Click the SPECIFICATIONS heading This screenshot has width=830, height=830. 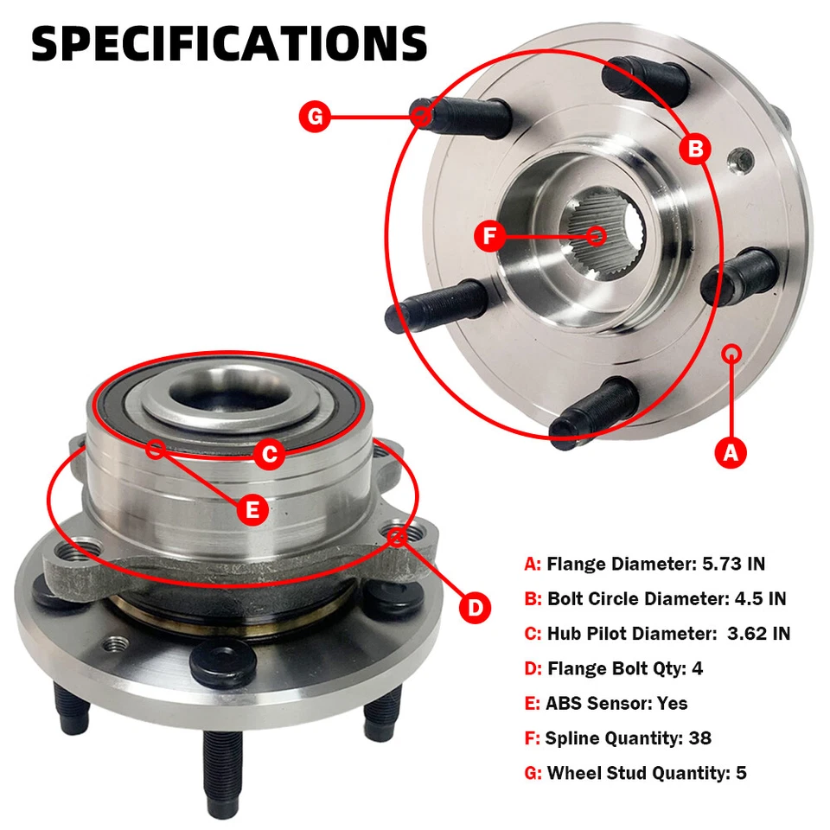pos(229,43)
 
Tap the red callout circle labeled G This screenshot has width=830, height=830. pos(316,117)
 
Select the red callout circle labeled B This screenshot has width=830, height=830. pos(695,149)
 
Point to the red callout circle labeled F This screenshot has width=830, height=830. pos(490,236)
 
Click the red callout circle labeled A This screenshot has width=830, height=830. pos(731,450)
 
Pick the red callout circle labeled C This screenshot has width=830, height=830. pos(270,454)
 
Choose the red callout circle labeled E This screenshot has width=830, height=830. pos(252,509)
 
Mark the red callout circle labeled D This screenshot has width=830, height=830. pos(475,608)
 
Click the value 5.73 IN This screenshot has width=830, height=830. pos(731,564)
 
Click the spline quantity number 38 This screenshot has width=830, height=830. pos(700,737)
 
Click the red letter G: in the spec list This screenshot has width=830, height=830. pos(533,773)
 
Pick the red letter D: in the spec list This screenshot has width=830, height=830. pos(533,668)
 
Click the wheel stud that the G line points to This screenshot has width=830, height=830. pos(458,117)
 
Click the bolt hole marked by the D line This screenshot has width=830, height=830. pos(399,537)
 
